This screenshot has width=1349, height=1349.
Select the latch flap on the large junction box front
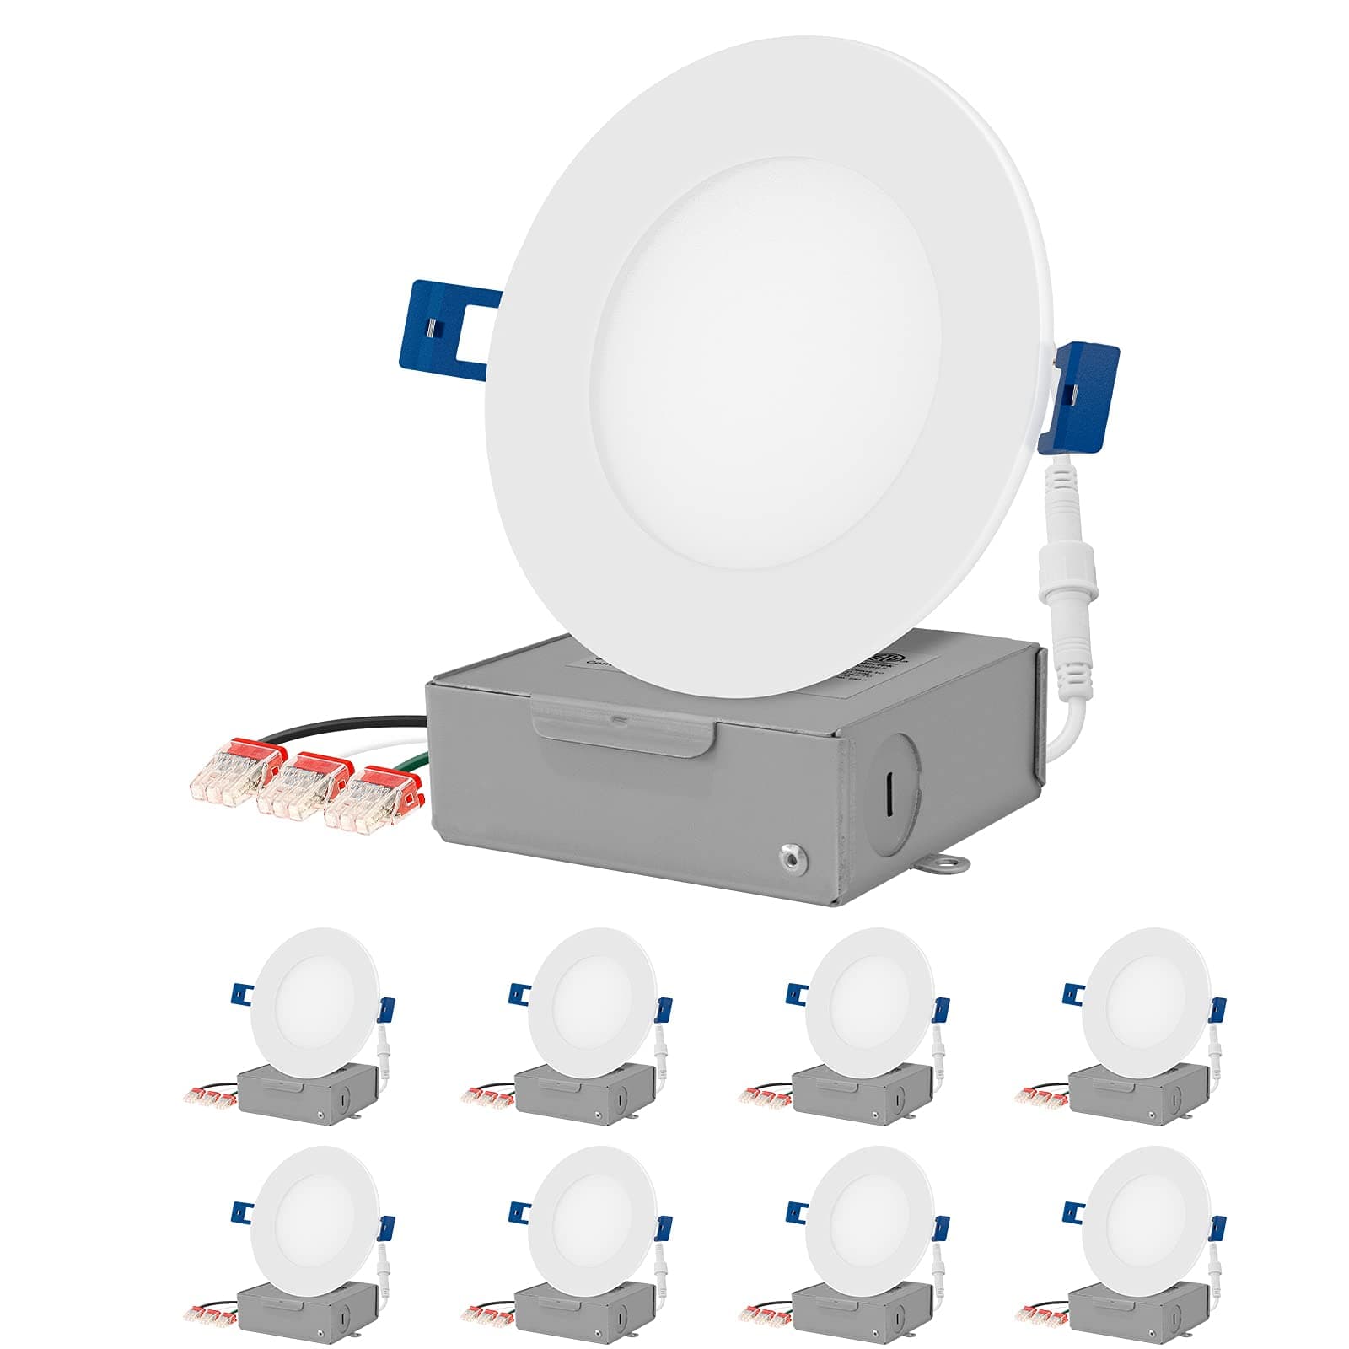click(x=624, y=728)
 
